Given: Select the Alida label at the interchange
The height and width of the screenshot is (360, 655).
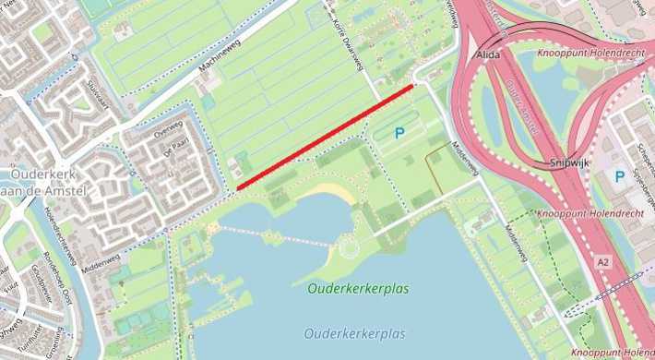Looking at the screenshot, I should (x=488, y=55).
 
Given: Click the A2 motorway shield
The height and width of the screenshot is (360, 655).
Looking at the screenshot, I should (x=602, y=263).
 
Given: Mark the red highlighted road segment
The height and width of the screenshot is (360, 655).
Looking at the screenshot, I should (x=325, y=137).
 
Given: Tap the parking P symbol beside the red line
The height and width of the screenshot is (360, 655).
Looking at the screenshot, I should (x=399, y=133).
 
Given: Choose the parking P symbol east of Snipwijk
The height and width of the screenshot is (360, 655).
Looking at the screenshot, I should (x=620, y=175).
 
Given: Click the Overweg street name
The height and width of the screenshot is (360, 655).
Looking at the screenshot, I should (x=169, y=131).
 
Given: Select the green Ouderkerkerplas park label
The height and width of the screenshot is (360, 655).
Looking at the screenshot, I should (x=357, y=289).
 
